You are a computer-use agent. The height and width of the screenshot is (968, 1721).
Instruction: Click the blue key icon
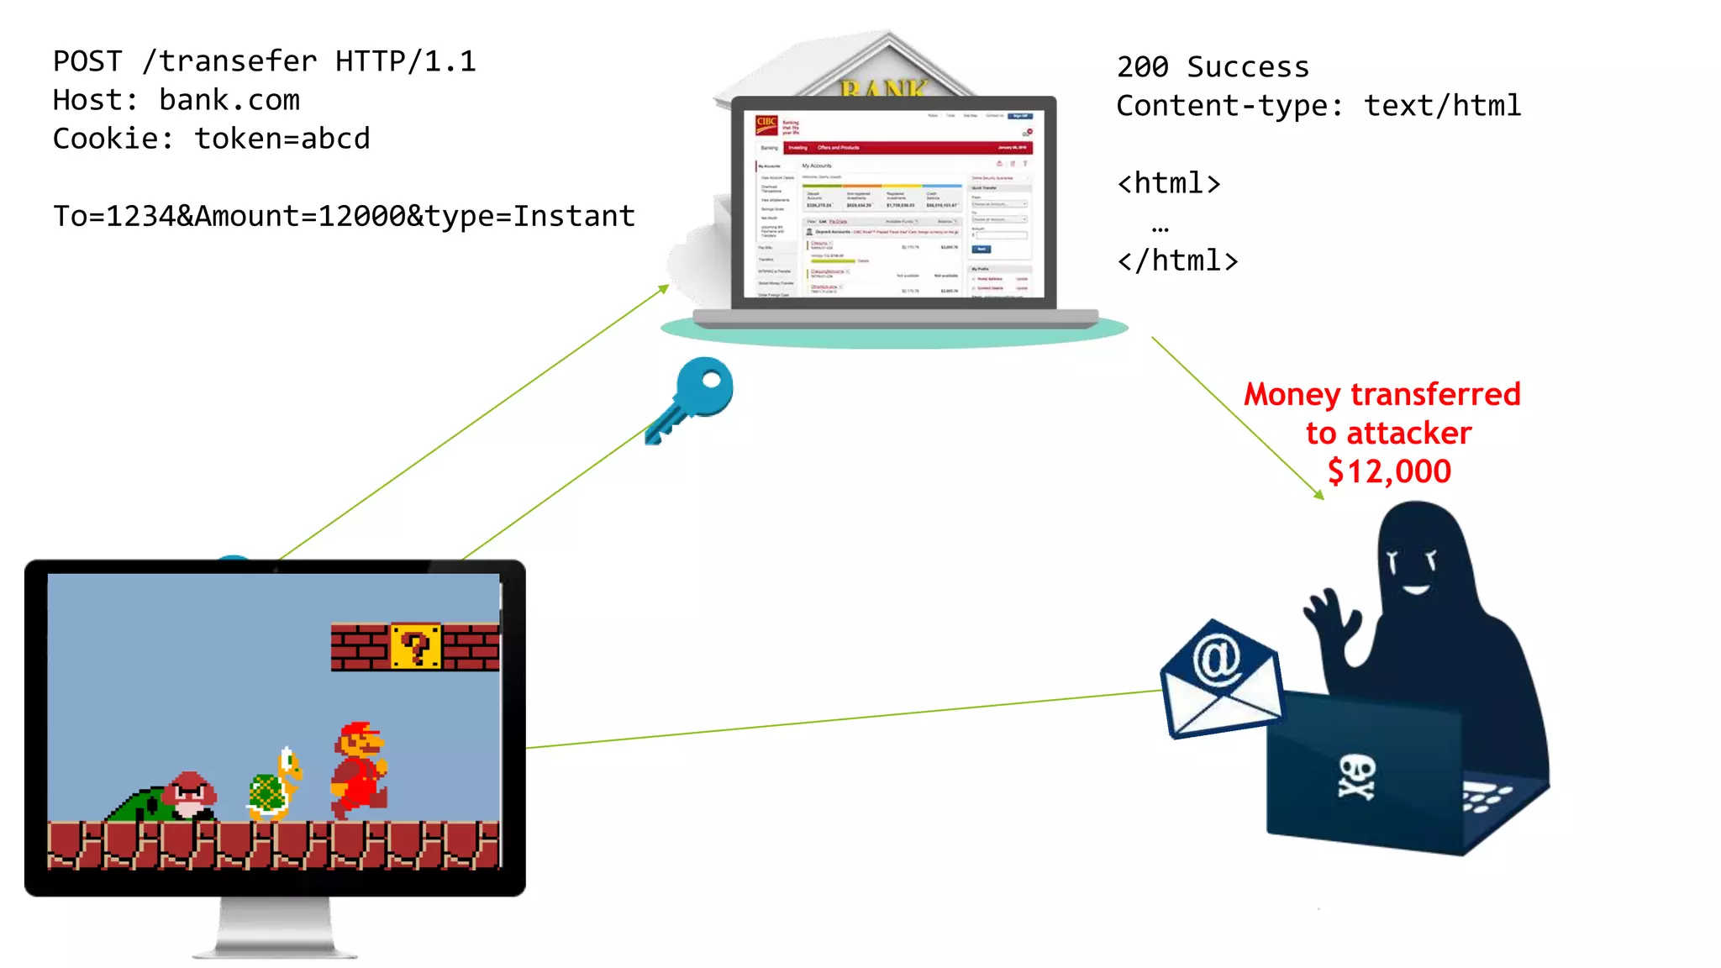[693, 398]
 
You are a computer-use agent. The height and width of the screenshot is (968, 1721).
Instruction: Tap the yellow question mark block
[415, 646]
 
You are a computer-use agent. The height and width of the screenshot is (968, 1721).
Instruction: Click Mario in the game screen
[360, 769]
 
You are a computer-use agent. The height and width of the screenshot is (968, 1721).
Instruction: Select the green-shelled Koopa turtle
[274, 785]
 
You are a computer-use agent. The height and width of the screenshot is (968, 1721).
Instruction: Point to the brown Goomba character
[191, 795]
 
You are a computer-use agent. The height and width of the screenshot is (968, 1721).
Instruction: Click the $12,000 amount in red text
[1388, 471]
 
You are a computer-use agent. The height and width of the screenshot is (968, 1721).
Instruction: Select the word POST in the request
[87, 61]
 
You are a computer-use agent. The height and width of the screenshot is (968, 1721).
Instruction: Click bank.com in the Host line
[229, 100]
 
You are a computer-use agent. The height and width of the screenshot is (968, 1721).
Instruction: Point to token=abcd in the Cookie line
[282, 139]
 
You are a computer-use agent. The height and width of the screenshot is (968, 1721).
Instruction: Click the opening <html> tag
[1168, 183]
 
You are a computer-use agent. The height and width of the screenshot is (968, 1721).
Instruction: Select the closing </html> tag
[1177, 260]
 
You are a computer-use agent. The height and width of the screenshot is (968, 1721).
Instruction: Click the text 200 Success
[1212, 66]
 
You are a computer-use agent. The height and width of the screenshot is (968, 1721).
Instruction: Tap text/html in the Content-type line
[1442, 106]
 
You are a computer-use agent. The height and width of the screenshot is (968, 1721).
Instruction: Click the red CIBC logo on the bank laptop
[766, 124]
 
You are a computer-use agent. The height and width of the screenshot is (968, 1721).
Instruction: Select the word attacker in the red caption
[1408, 434]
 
